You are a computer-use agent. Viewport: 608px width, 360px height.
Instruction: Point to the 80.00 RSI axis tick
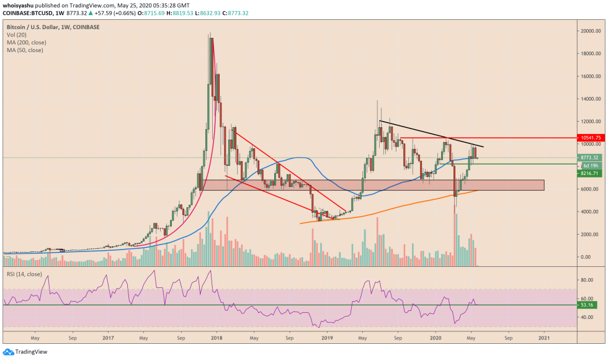tap(586, 280)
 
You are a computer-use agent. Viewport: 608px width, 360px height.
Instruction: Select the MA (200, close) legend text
tap(25, 43)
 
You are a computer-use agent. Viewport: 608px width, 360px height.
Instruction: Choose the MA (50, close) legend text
tap(24, 50)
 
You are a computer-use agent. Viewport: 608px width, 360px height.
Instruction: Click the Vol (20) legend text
tap(16, 35)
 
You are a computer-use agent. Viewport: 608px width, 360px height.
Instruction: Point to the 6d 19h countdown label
tap(589, 166)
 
